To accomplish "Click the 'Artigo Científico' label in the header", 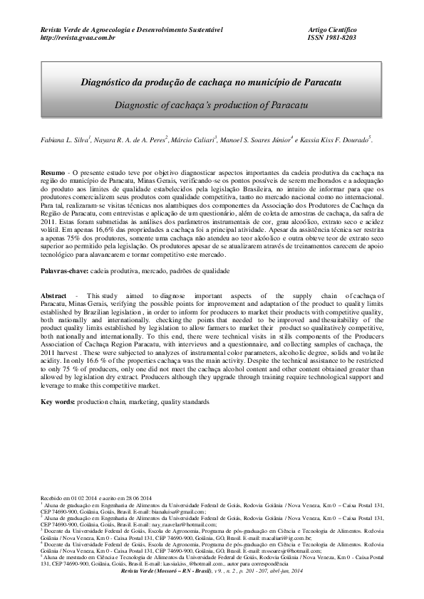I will coord(332,28).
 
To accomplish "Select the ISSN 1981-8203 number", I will coord(332,37).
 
